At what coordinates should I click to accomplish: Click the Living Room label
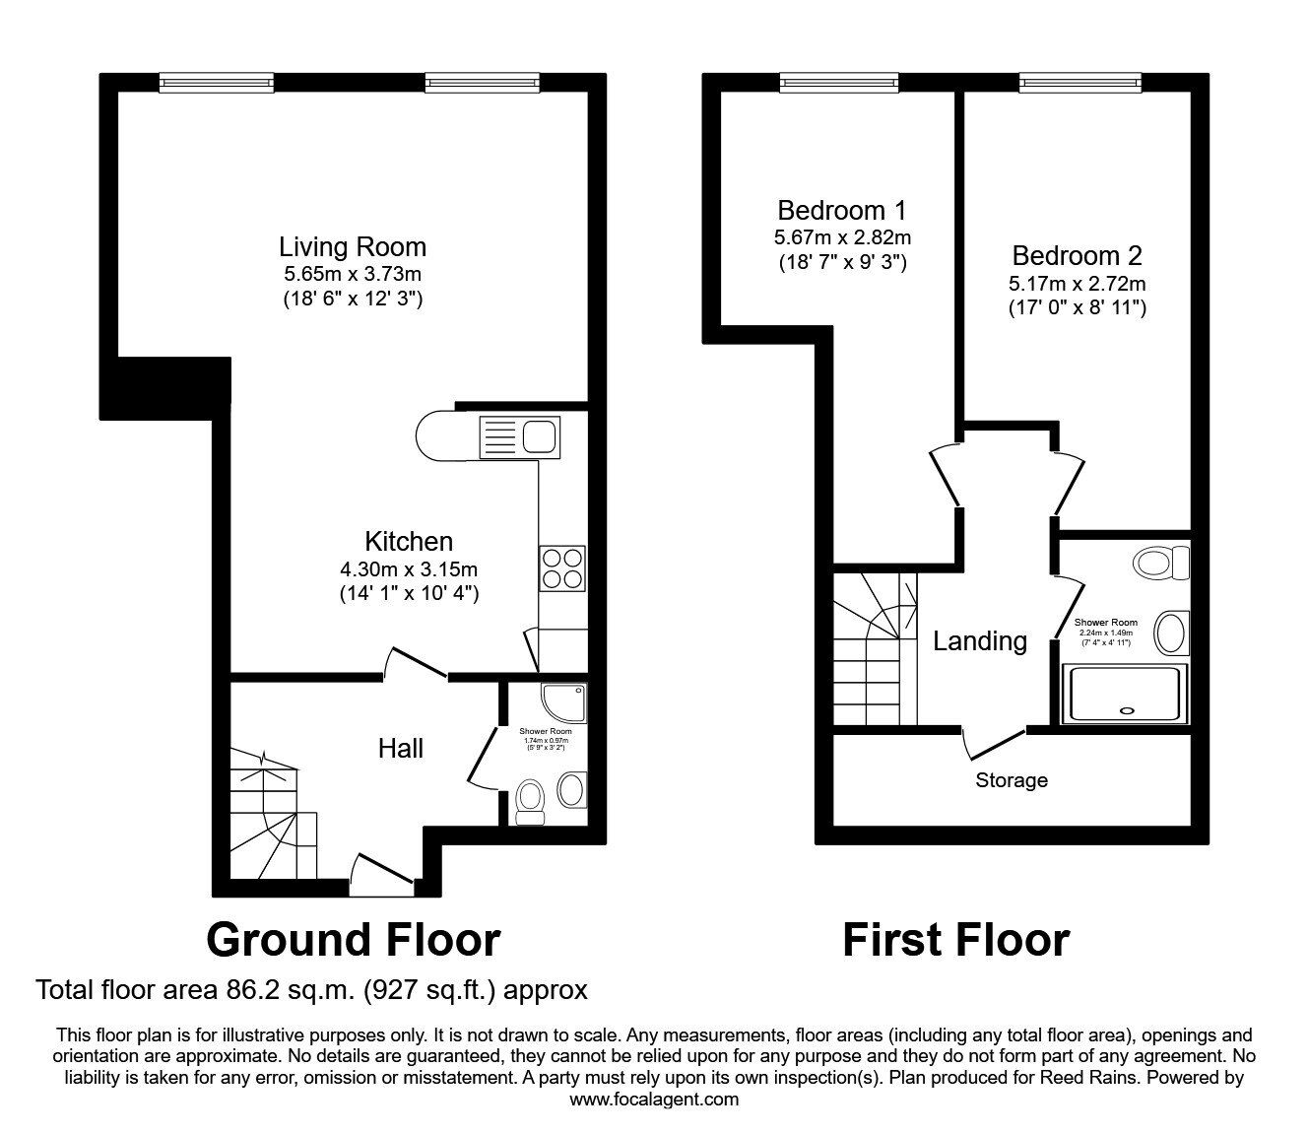click(x=353, y=246)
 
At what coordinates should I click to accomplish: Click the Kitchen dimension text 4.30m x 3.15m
click(x=409, y=568)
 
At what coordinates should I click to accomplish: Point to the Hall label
click(x=401, y=749)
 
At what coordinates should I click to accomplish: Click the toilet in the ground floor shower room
click(x=531, y=800)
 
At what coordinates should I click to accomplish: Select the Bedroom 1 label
click(x=842, y=210)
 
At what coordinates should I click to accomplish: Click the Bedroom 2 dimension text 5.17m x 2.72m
click(x=1077, y=284)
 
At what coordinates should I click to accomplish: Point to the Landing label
click(x=980, y=641)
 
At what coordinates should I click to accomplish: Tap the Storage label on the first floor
click(x=1012, y=781)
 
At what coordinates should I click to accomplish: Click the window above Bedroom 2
click(x=1079, y=83)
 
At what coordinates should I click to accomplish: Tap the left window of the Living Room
click(x=217, y=83)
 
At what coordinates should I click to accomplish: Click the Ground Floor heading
click(x=353, y=940)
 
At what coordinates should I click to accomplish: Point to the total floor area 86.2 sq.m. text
click(x=311, y=989)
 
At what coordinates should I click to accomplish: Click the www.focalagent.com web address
click(x=654, y=1099)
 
